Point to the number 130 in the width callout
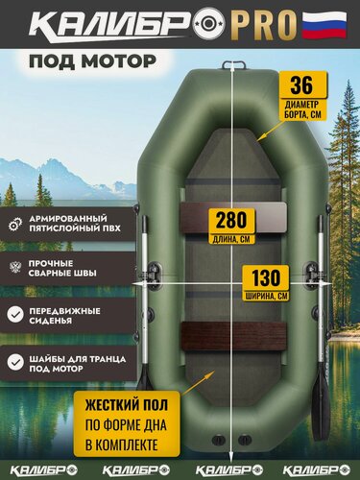pyautogui.click(x=263, y=276)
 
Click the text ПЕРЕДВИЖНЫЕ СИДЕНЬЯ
pyautogui.click(x=74, y=313)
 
